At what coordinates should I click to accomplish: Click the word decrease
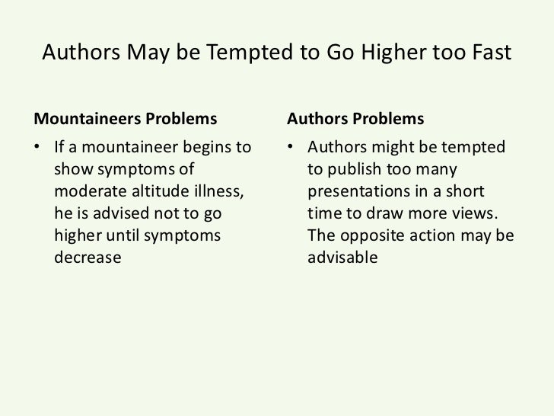click(x=88, y=258)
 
